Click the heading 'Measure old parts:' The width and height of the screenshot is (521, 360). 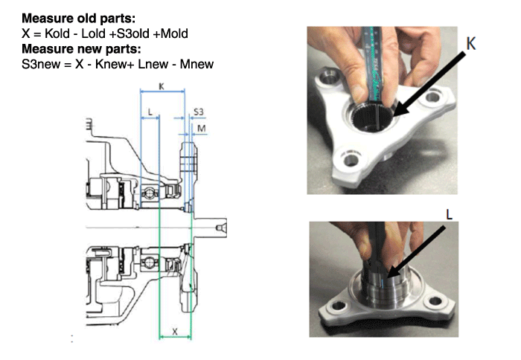coord(78,19)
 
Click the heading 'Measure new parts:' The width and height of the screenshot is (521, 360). coord(81,49)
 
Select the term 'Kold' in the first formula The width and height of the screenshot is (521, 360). coord(57,33)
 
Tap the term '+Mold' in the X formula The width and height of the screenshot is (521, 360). coord(170,33)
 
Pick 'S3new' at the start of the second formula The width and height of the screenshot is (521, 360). coord(41,64)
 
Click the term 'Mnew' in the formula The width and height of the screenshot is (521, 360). coord(196,64)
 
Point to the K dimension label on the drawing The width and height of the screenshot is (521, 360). coord(162,87)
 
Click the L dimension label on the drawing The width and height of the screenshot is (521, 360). coord(150,112)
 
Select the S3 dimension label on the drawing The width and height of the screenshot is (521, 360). coord(199,112)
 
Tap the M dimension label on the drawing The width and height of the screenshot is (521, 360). coord(202,128)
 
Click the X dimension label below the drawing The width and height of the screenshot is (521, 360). coord(175,331)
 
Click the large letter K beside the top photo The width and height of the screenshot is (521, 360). coord(471,43)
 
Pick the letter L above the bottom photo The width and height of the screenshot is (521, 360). coord(450,214)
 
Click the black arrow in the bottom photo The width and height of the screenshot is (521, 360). coord(416,252)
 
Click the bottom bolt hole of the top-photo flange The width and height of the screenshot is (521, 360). coord(351,160)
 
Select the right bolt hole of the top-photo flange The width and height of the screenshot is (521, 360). coord(432,97)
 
